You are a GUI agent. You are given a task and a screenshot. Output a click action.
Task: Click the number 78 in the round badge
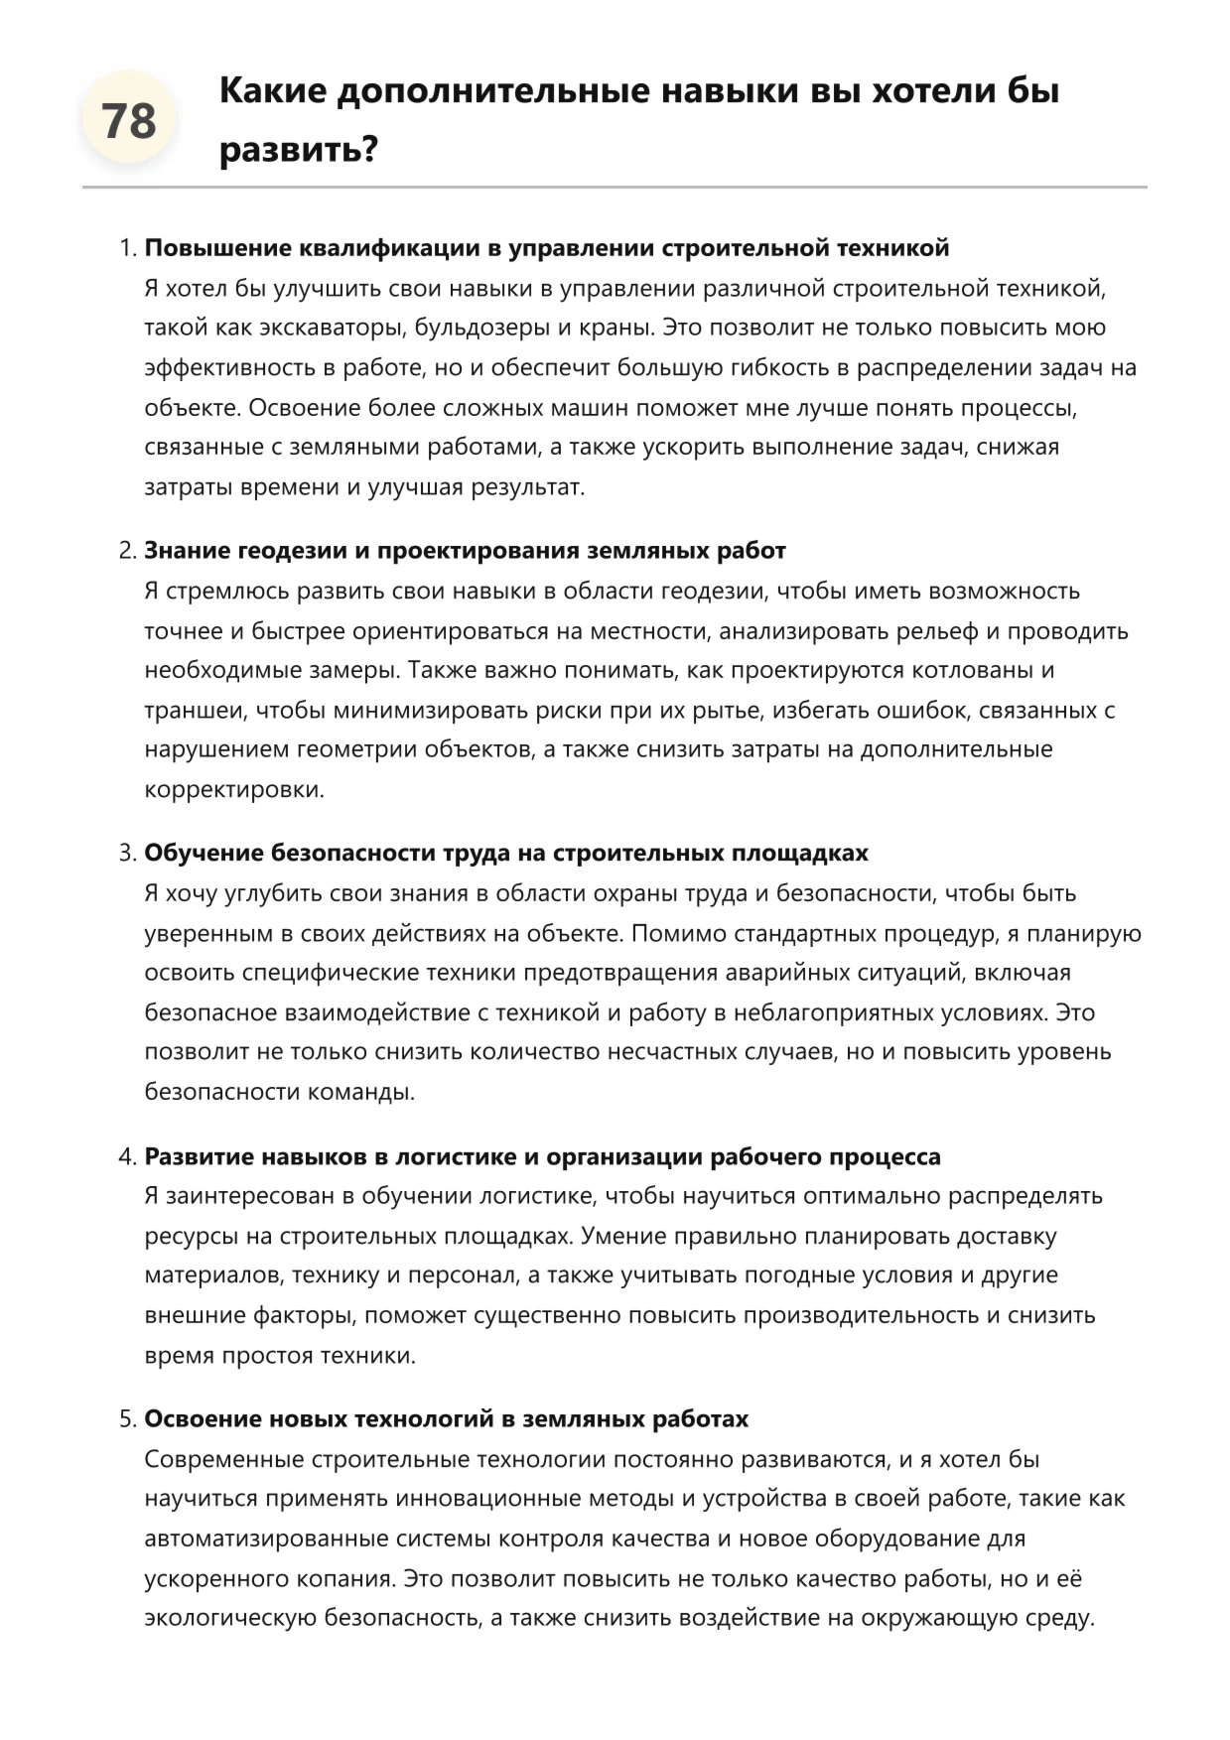coord(129,122)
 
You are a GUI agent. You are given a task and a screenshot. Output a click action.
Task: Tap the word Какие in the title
coord(272,91)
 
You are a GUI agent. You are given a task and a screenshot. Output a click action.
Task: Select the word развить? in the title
coord(299,150)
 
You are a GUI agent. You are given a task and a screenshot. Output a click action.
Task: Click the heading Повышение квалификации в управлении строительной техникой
coord(547,248)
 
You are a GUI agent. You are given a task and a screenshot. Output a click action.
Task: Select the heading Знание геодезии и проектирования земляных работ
coord(465,551)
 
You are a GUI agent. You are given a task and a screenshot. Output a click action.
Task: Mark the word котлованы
coord(968,671)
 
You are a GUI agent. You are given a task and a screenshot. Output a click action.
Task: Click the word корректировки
coord(234,790)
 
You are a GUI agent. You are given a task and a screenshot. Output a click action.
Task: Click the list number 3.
coord(126,854)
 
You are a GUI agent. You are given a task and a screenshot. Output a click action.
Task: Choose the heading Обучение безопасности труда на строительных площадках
coord(506,854)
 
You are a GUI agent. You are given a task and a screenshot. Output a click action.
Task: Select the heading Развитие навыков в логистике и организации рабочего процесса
coord(542,1157)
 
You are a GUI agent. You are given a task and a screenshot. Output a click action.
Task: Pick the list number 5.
coord(126,1419)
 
